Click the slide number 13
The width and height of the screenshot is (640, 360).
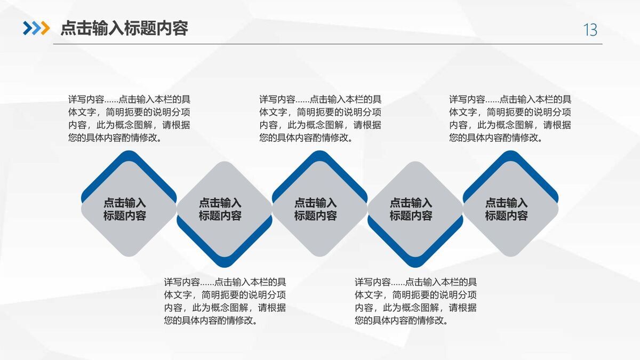[x=590, y=30]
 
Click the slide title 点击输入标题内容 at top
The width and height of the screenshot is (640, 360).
[x=124, y=28]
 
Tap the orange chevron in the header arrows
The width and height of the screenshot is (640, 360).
[x=45, y=28]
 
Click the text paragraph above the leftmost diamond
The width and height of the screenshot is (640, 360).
[x=130, y=118]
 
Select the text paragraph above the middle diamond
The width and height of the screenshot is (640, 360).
[x=321, y=118]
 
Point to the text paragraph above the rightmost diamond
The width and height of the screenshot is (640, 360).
[x=510, y=118]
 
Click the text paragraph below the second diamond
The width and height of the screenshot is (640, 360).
[x=225, y=301]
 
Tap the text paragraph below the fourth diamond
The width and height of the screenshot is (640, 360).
[x=416, y=301]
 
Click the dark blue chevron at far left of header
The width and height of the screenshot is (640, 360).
[x=27, y=28]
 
